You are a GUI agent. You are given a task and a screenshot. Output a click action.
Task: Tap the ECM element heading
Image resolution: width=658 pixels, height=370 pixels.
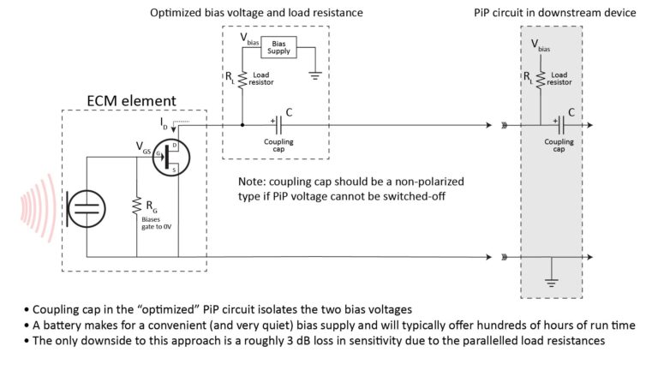(x=130, y=101)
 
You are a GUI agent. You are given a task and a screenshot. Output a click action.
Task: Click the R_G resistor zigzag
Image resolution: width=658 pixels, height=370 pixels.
(x=137, y=206)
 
